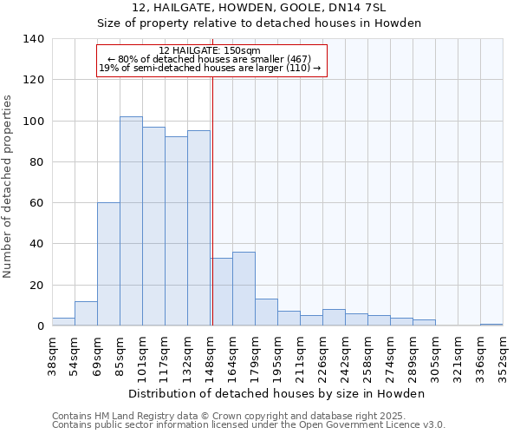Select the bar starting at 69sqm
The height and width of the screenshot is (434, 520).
[x=108, y=264]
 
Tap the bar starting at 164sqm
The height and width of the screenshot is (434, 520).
[x=244, y=289]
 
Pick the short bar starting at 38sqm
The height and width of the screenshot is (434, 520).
[x=63, y=322]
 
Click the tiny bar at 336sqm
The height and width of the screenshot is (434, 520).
[x=491, y=325]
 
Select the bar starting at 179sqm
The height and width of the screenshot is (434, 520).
[x=266, y=312]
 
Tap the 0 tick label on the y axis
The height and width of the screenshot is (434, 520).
[x=40, y=326]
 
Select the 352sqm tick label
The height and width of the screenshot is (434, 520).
[x=504, y=354]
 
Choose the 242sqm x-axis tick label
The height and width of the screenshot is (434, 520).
[x=345, y=354]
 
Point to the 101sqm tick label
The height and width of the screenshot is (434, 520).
[x=142, y=354]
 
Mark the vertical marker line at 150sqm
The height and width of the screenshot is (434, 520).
[x=212, y=200]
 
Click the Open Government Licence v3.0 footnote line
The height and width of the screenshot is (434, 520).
[x=248, y=425]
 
